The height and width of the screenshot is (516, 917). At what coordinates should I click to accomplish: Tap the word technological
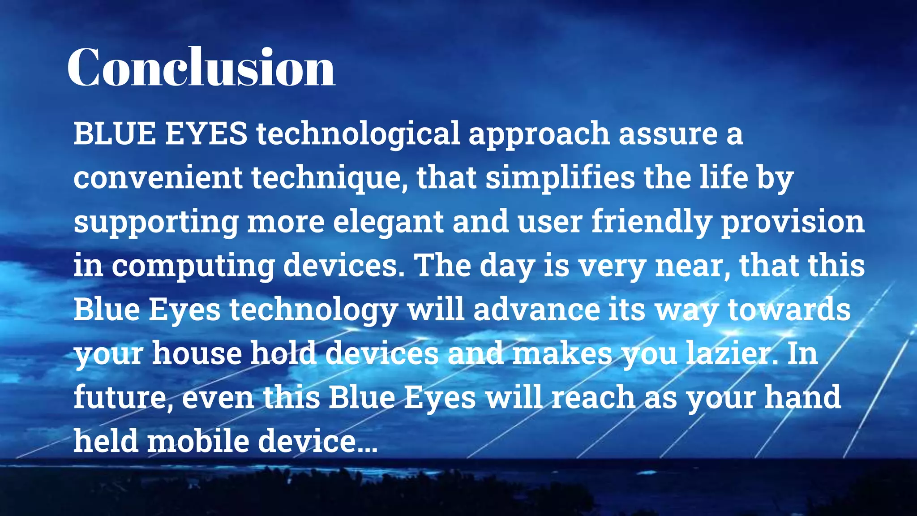point(358,133)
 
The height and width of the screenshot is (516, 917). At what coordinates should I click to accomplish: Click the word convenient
point(158,177)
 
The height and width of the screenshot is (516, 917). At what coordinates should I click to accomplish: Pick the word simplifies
point(560,177)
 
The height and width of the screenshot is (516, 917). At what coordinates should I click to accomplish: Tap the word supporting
point(156,222)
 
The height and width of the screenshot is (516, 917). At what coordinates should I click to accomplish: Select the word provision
point(793,222)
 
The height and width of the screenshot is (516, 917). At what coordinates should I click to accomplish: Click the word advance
point(536,309)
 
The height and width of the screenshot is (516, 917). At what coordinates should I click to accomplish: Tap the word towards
point(789,309)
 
